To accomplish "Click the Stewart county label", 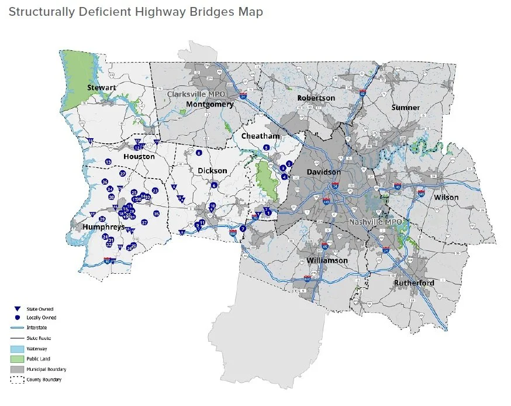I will pyautogui.click(x=101, y=87).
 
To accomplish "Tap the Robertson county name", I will pyautogui.click(x=316, y=98).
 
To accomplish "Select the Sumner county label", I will pyautogui.click(x=405, y=108).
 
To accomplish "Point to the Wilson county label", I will pyautogui.click(x=446, y=197).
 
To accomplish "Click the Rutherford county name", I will pyautogui.click(x=414, y=283).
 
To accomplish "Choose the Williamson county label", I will pyautogui.click(x=327, y=260).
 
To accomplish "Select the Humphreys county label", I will pyautogui.click(x=103, y=226).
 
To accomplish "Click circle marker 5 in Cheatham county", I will pyautogui.click(x=266, y=148).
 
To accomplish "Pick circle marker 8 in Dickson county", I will pyautogui.click(x=199, y=153).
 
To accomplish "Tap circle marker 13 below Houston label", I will pyautogui.click(x=108, y=161).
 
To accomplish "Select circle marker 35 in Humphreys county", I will pyautogui.click(x=156, y=214).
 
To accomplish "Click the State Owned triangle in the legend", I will pyautogui.click(x=18, y=309).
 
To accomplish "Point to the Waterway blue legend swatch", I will pyautogui.click(x=18, y=349).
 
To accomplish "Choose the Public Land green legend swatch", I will pyautogui.click(x=18, y=359).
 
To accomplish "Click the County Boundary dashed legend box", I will pyautogui.click(x=18, y=380).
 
